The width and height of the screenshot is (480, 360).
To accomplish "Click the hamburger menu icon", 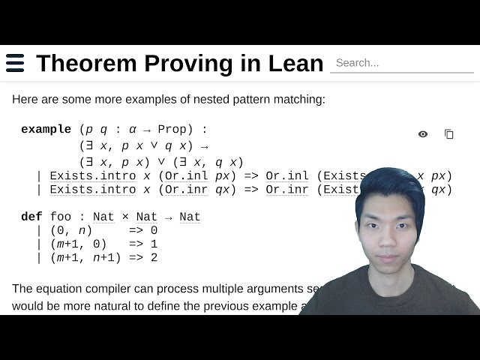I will click(15, 63).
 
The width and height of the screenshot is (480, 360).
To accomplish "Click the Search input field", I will click(401, 63).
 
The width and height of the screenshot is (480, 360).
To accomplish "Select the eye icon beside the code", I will click(423, 134).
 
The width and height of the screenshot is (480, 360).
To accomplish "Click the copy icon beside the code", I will click(449, 134).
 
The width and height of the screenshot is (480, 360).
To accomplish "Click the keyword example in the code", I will click(46, 129).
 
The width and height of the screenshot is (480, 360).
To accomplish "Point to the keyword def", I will click(31, 217).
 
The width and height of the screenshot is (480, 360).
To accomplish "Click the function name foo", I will click(61, 217).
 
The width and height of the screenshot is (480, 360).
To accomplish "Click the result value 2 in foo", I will click(154, 257).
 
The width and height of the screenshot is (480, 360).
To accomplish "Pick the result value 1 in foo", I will click(154, 244).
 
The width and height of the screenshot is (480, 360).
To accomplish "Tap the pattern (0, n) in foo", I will click(71, 230).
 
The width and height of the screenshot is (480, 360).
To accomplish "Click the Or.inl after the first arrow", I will click(287, 176).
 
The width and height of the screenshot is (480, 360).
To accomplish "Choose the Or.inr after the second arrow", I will click(287, 190).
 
